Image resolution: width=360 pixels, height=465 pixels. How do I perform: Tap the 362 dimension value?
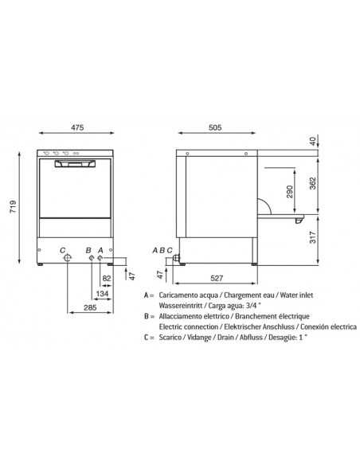312,182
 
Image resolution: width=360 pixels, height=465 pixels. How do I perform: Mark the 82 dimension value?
107,278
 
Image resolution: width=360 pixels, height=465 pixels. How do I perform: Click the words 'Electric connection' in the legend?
186,326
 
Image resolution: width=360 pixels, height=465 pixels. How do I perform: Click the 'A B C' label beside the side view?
162,250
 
